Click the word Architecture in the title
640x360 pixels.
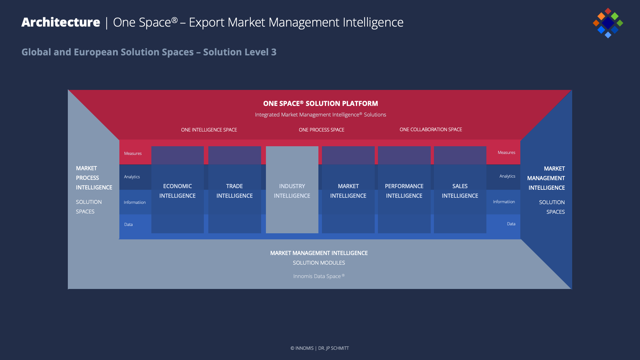(x=61, y=22)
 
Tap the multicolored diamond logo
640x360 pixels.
(x=608, y=23)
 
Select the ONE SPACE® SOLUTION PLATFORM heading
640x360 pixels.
(x=320, y=104)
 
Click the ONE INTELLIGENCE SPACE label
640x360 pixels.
(x=209, y=130)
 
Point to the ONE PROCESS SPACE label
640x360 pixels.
(x=321, y=130)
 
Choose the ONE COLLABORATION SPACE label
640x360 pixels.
(x=431, y=130)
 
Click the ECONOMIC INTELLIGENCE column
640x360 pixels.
(x=177, y=191)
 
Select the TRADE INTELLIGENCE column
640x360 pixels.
(x=234, y=191)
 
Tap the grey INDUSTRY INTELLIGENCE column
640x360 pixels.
(x=292, y=191)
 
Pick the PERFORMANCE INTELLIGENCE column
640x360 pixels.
(x=404, y=191)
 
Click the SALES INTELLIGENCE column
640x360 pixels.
(x=460, y=191)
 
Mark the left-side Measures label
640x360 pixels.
(x=133, y=154)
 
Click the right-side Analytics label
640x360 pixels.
(x=507, y=176)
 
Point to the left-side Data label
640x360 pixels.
(x=128, y=225)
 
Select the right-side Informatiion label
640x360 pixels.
(x=504, y=202)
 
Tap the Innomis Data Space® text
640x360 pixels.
(x=319, y=276)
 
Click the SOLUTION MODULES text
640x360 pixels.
(x=319, y=263)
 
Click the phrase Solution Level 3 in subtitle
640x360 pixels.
(x=240, y=52)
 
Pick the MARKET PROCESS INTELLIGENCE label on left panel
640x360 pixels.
(x=94, y=178)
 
